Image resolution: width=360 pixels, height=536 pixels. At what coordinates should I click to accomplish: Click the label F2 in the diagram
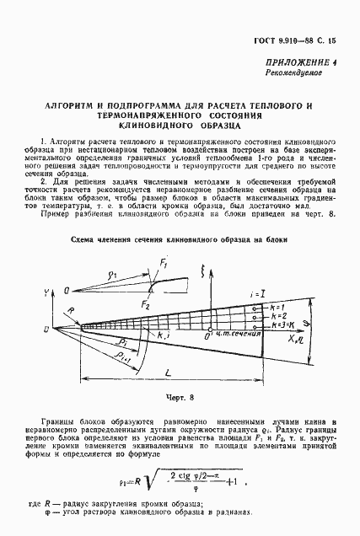(x=147, y=303)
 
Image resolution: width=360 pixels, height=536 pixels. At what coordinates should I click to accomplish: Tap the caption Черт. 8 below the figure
(x=178, y=393)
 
